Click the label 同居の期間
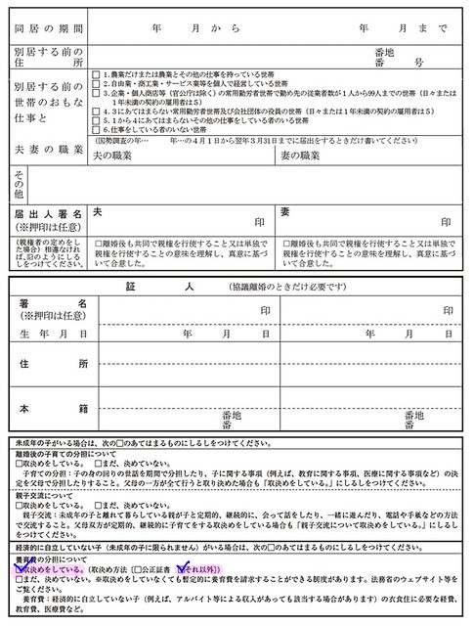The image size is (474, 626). (49, 29)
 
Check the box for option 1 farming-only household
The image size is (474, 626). (95, 75)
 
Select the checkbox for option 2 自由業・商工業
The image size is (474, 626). (95, 85)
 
